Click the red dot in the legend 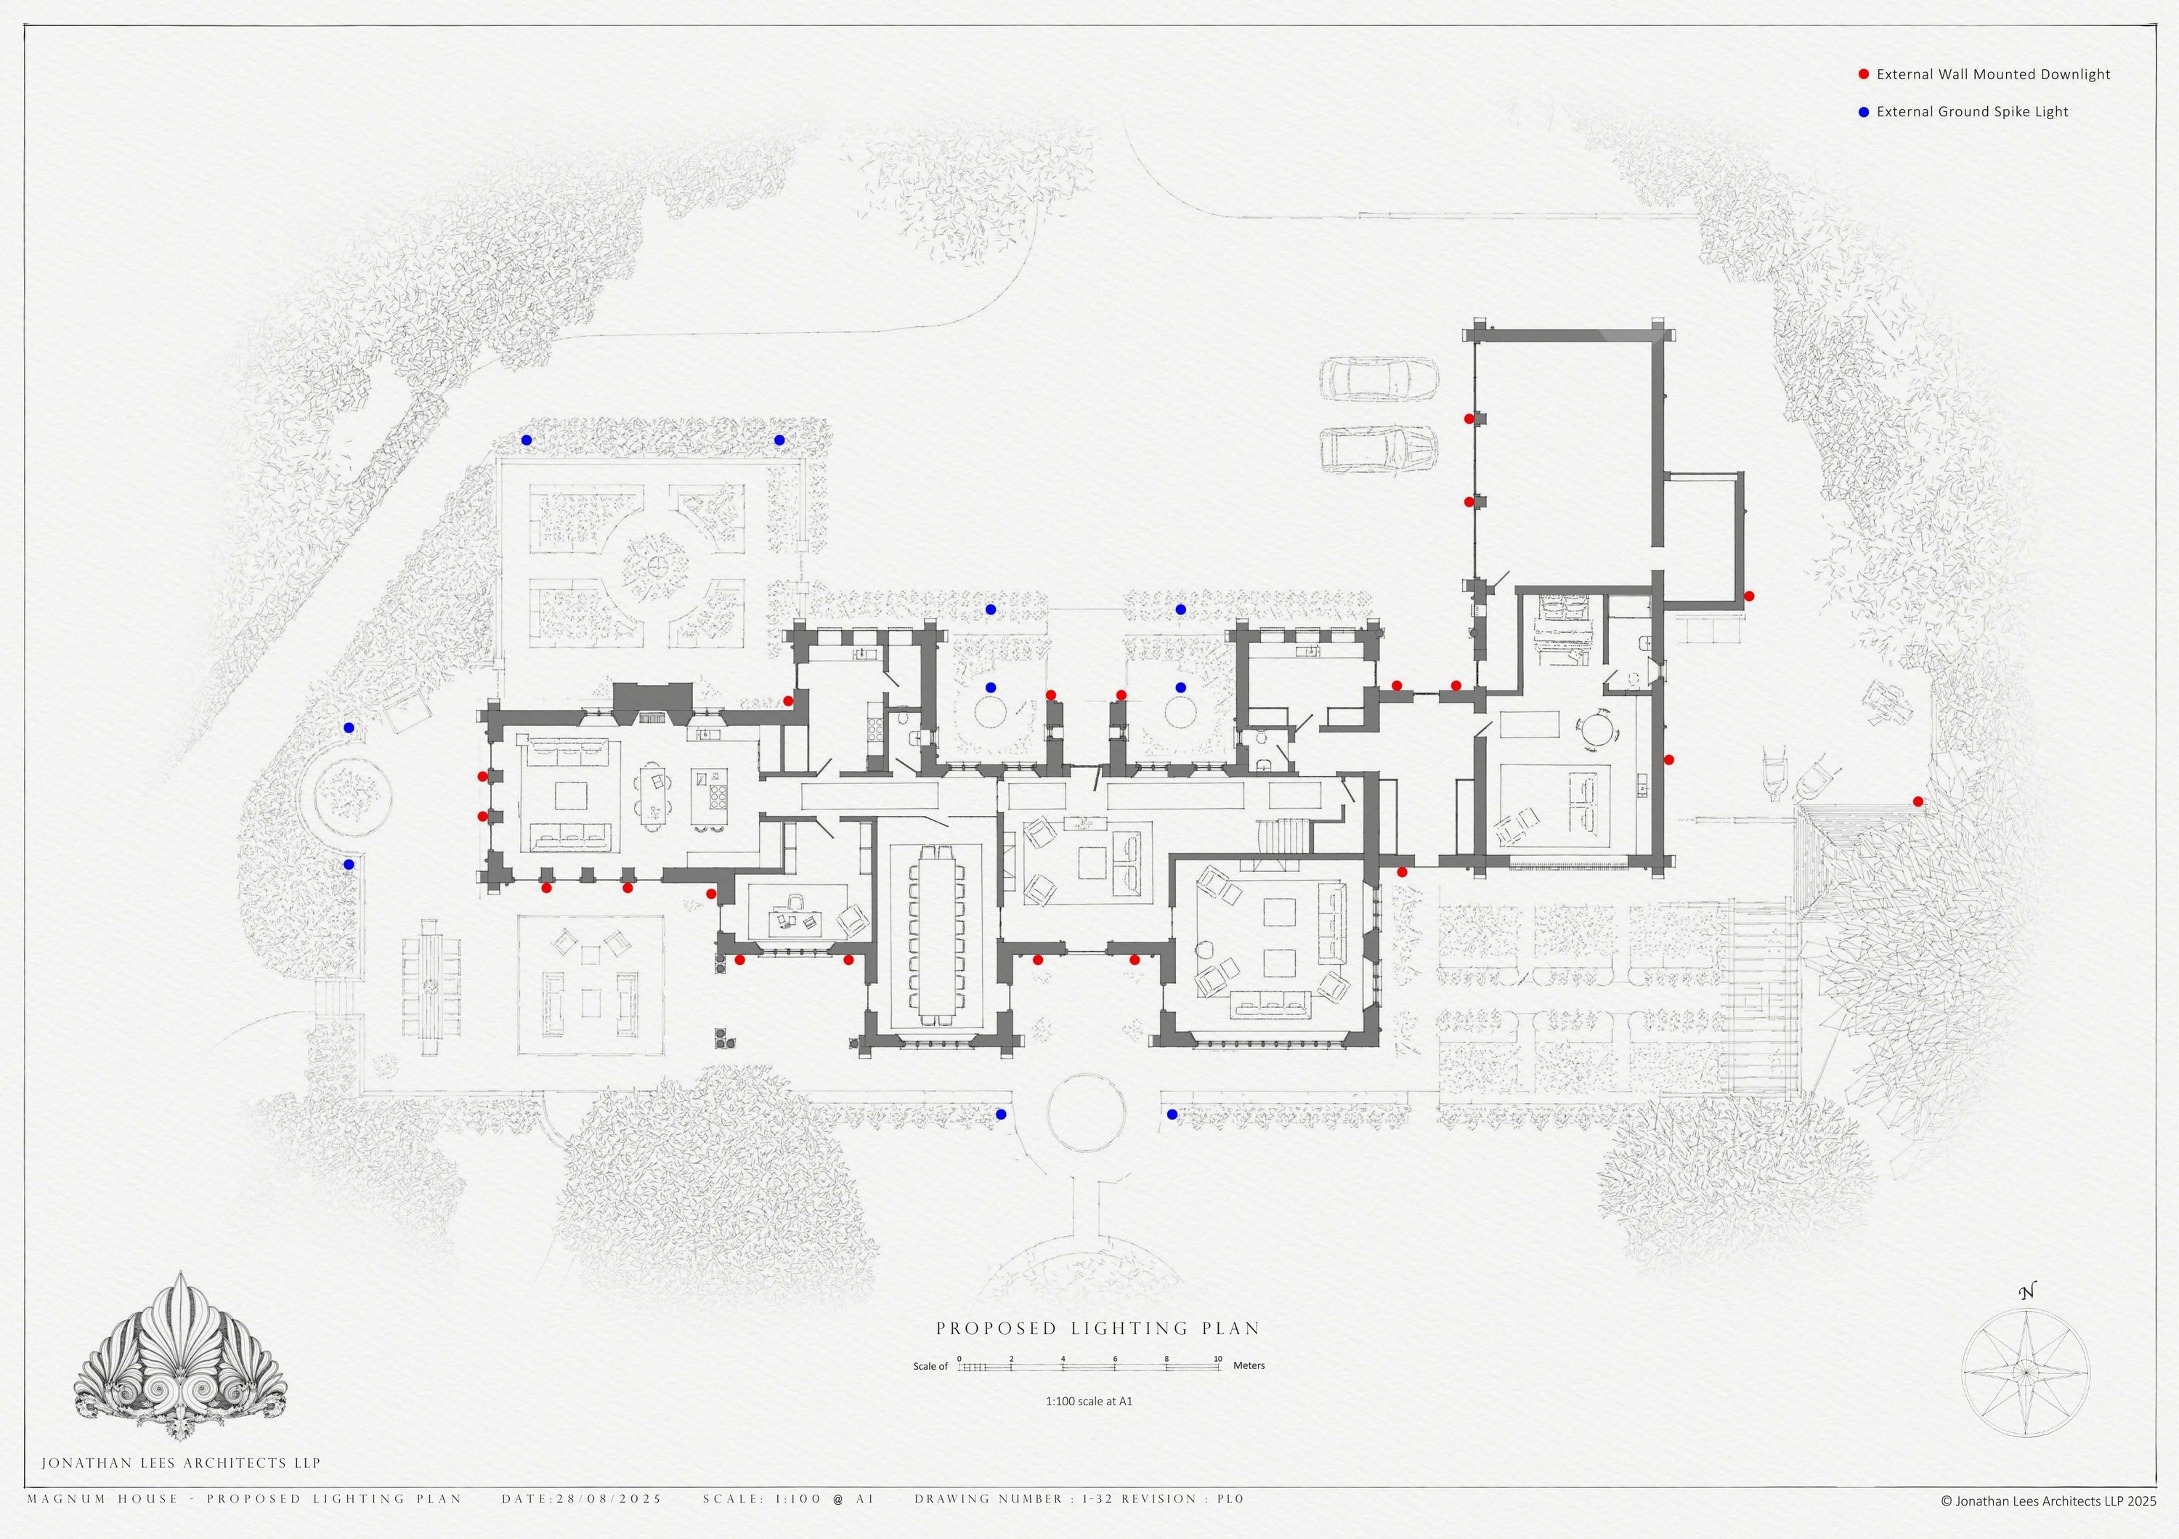point(1863,74)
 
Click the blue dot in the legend point(1863,112)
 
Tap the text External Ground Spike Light point(1973,112)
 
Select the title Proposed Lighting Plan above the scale point(1098,1328)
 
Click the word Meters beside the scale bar point(1249,1366)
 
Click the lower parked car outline point(1379,448)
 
